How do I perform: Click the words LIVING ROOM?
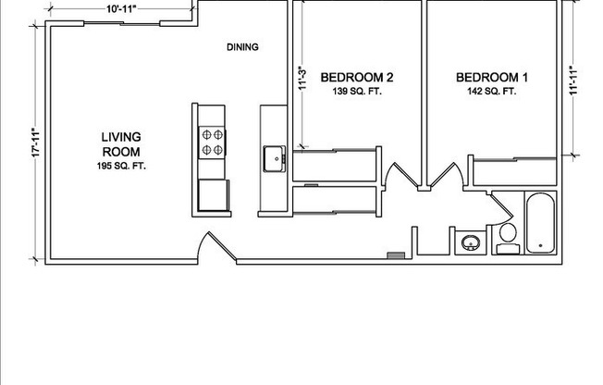pos(120,144)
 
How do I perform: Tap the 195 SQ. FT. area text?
pos(120,167)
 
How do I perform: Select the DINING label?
pos(242,47)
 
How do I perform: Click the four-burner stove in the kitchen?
pos(212,143)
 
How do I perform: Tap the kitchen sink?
pos(274,159)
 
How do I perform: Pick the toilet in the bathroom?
pos(508,237)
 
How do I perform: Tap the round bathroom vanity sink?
pos(471,244)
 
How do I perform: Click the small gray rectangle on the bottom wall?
pos(396,254)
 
